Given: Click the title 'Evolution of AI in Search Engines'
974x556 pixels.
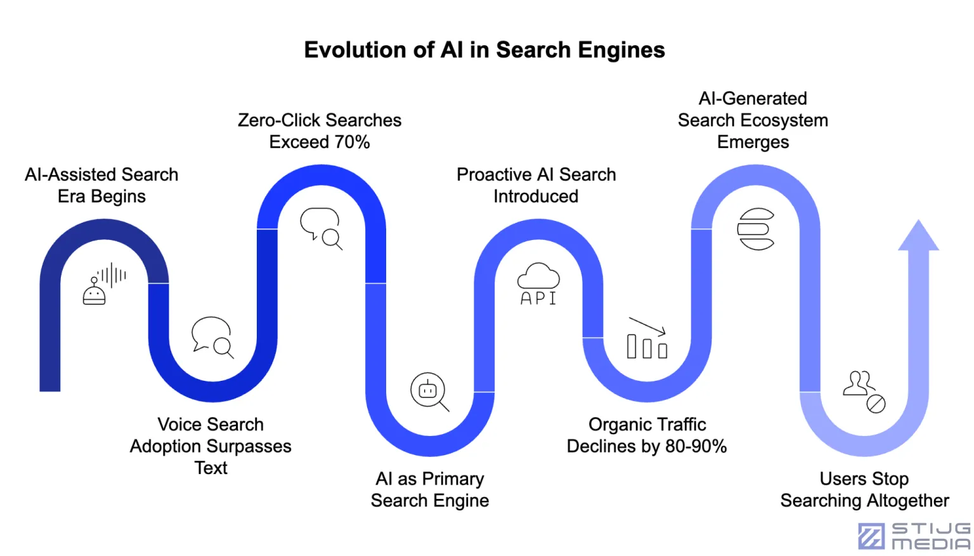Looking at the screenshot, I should click(x=484, y=50).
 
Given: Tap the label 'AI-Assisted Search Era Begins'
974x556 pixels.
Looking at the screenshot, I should click(x=101, y=185).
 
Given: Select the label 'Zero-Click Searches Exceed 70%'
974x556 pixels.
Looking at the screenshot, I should click(x=320, y=131).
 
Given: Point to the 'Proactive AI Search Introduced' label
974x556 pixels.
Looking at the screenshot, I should click(x=536, y=185).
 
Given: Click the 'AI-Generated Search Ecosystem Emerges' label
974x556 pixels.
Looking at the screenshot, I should click(x=753, y=120).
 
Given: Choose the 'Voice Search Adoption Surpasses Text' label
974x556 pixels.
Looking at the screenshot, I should click(x=211, y=446).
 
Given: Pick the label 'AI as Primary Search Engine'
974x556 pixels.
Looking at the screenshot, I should click(x=430, y=489).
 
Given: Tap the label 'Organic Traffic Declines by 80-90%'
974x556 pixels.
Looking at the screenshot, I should click(x=647, y=435).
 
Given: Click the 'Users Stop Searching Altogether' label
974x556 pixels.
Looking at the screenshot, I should click(x=864, y=489).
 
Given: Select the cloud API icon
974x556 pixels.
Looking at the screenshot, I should click(x=538, y=284).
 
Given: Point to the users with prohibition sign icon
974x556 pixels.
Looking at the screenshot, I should click(x=864, y=392).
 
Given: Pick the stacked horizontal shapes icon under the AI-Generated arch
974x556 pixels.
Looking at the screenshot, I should click(x=755, y=229).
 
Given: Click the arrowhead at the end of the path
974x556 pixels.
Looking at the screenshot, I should click(x=918, y=237).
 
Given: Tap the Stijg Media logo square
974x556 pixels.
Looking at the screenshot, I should click(x=871, y=536).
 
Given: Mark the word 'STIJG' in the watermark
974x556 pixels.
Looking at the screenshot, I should click(x=931, y=529).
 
